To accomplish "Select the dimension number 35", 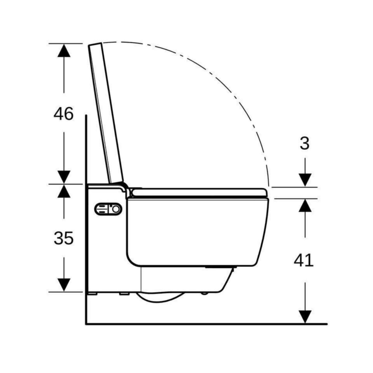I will pyautogui.click(x=63, y=239).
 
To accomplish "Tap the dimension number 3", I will pyautogui.click(x=305, y=144).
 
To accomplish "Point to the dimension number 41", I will pyautogui.click(x=304, y=260).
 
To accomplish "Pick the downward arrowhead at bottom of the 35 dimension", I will pyautogui.click(x=64, y=285).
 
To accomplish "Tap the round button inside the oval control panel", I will pyautogui.click(x=116, y=210).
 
